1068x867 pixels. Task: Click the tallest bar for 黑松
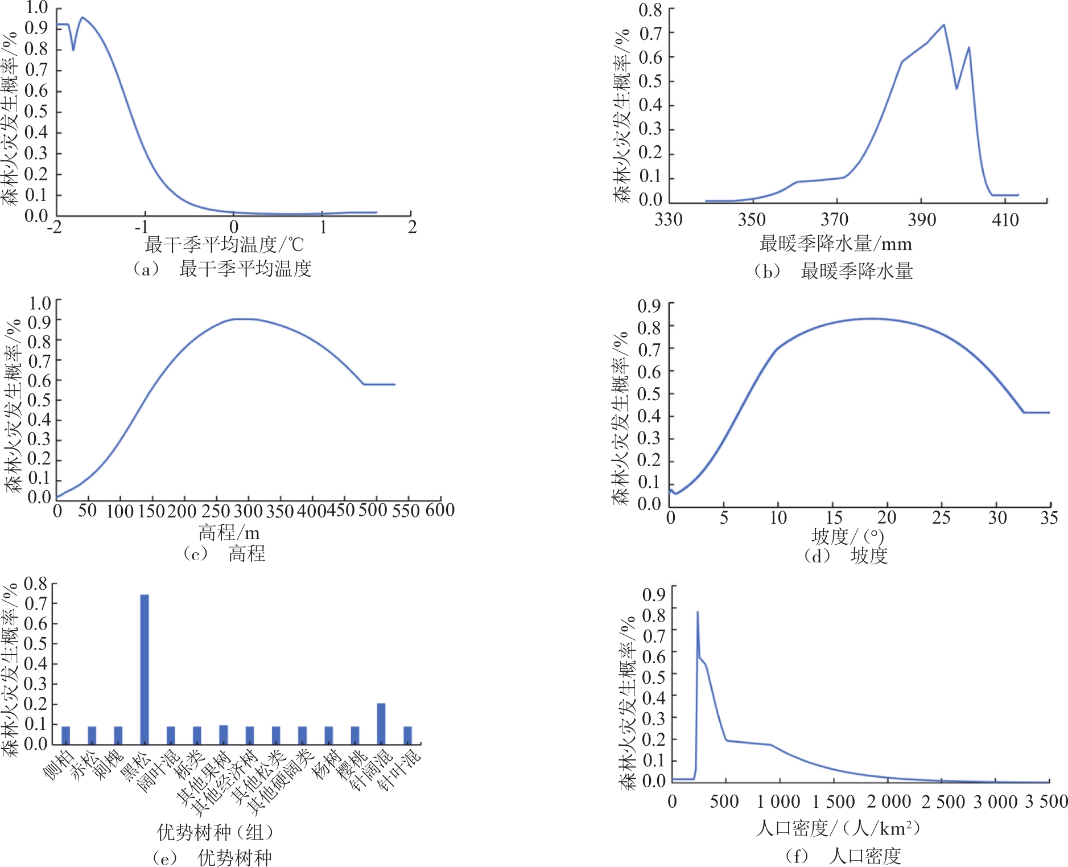tap(145, 669)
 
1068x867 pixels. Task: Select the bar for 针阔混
tap(381, 724)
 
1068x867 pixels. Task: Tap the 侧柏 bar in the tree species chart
tap(66, 735)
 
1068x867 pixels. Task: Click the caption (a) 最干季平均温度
tap(222, 269)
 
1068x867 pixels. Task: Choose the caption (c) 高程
tap(224, 553)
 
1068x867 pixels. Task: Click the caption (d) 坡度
tap(846, 556)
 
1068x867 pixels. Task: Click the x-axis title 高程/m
tap(229, 533)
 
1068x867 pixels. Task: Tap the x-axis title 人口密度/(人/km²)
tap(838, 828)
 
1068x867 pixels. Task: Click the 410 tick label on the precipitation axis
tap(1005, 220)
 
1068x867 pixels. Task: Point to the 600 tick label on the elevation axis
tap(440, 510)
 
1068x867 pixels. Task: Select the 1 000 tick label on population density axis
tap(778, 802)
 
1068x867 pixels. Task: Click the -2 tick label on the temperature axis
tap(55, 227)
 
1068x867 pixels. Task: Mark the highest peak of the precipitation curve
tap(944, 25)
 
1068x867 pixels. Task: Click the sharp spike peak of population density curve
tap(698, 613)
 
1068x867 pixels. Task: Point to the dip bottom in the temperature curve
tap(73, 50)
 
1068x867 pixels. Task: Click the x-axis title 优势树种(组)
tap(215, 832)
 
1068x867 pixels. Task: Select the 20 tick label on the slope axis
tap(886, 517)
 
